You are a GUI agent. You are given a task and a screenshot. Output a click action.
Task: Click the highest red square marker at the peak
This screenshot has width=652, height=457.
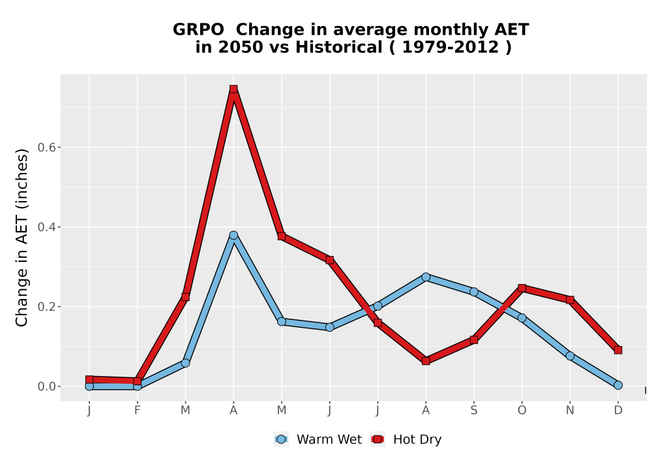tap(233, 89)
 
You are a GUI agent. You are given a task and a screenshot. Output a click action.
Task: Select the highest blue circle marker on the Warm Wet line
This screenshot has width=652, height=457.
tap(233, 235)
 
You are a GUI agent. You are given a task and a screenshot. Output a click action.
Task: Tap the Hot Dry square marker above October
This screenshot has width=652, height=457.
tap(522, 288)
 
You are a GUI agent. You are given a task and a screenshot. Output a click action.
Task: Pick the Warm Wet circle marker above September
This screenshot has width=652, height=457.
tap(473, 292)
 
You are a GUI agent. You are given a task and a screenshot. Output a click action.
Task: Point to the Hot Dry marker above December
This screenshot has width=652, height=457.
tap(618, 350)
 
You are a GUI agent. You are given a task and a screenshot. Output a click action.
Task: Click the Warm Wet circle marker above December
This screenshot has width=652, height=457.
tap(618, 385)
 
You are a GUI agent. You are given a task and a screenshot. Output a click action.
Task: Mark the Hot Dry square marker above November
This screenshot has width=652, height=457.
tap(570, 300)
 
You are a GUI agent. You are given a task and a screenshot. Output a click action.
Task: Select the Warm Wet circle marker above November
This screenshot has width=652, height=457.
tap(570, 356)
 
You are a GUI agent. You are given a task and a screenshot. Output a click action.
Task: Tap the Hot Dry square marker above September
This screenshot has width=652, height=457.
tap(473, 340)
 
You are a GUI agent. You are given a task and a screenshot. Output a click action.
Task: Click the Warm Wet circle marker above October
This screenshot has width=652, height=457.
tap(522, 318)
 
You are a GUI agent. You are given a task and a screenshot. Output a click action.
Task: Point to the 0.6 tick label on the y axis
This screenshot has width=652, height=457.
tap(46, 148)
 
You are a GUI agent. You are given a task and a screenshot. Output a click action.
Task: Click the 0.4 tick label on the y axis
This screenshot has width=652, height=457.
tap(46, 227)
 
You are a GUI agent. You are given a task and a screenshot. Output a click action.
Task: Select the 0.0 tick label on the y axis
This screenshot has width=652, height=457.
tap(46, 386)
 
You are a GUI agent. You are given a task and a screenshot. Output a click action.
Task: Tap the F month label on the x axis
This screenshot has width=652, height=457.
tap(137, 411)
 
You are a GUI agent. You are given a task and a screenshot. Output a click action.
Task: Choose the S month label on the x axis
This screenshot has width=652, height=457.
tap(473, 411)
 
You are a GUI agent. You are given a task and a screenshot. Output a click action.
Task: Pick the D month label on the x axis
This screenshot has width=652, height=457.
tap(618, 411)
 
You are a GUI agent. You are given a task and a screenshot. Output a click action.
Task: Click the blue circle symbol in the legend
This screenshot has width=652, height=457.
tap(281, 439)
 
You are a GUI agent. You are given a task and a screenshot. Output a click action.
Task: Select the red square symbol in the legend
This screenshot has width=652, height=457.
tap(378, 439)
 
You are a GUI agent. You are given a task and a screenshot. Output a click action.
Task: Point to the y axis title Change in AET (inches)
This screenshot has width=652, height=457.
tap(22, 238)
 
